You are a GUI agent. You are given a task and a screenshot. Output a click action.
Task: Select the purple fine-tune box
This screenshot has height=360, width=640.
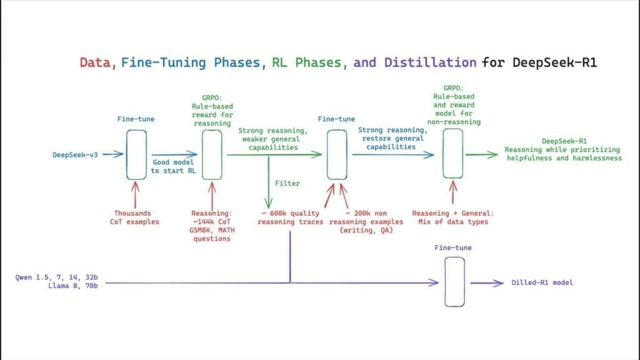454,282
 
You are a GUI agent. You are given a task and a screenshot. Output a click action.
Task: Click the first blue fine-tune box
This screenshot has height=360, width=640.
136,154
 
